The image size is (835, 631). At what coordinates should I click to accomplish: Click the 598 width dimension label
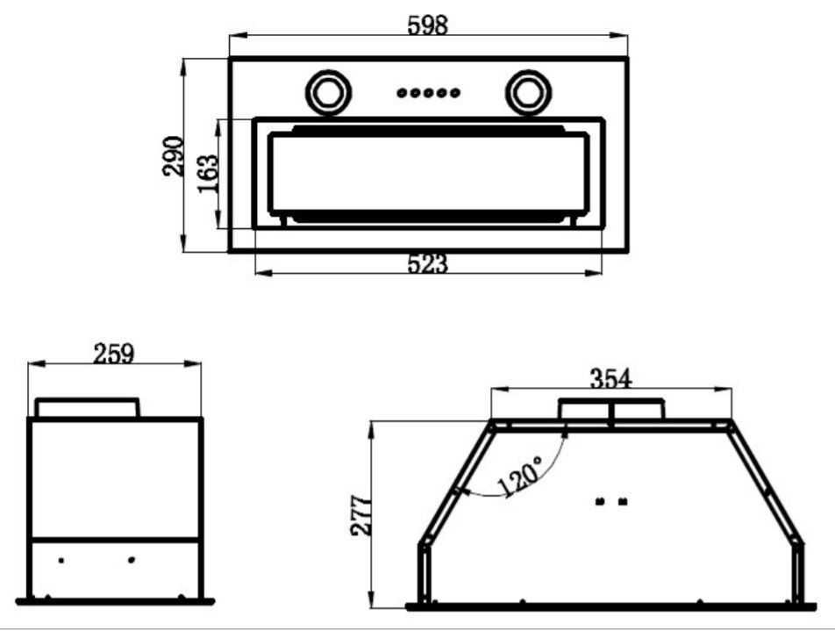coord(427,25)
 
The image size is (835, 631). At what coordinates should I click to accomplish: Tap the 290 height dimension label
coord(173,156)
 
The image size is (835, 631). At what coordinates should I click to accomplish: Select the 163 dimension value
coord(208,174)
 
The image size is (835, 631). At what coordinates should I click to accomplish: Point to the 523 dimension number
coord(427,264)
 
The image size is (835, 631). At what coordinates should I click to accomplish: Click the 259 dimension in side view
coord(114,354)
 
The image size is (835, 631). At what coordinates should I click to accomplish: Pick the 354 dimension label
coord(610,378)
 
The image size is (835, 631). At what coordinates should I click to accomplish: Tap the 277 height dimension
coord(360,515)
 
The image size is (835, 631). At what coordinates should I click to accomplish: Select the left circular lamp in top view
coord(328,92)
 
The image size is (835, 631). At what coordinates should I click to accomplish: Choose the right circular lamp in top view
coord(528,92)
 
